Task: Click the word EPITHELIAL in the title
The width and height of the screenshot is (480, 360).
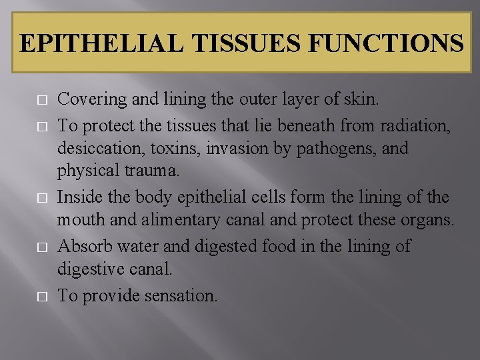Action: (101, 43)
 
